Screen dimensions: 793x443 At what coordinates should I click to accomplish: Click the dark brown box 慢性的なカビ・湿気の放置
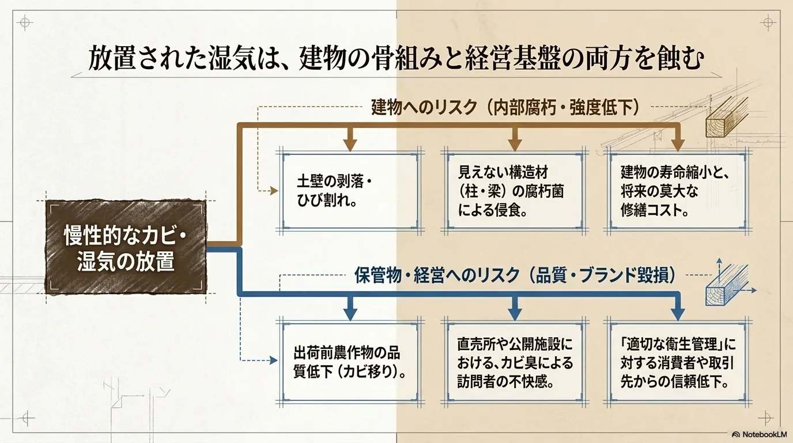pos(126,247)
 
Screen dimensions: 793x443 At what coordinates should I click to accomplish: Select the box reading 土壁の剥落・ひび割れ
pos(350,192)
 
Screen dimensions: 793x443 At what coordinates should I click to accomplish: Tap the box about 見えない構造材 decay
pos(515,192)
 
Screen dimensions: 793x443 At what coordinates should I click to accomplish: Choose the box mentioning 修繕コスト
pos(678,192)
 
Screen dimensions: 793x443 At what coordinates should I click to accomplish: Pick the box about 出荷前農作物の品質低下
pos(350,362)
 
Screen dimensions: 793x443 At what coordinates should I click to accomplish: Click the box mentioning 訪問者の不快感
pos(515,362)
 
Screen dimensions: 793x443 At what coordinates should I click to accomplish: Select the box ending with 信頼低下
pos(678,362)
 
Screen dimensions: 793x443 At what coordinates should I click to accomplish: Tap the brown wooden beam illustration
pos(727,119)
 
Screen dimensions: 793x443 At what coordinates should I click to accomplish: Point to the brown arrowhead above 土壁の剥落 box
pos(350,145)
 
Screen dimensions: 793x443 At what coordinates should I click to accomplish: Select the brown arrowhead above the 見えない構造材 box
pos(515,145)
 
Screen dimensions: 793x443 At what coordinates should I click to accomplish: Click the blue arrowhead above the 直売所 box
pos(515,314)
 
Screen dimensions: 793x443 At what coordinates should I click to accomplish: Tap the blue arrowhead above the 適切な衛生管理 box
pos(678,314)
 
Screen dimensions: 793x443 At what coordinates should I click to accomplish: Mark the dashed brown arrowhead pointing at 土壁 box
pos(274,191)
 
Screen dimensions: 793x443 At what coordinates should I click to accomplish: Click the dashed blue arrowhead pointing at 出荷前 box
pos(274,361)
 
